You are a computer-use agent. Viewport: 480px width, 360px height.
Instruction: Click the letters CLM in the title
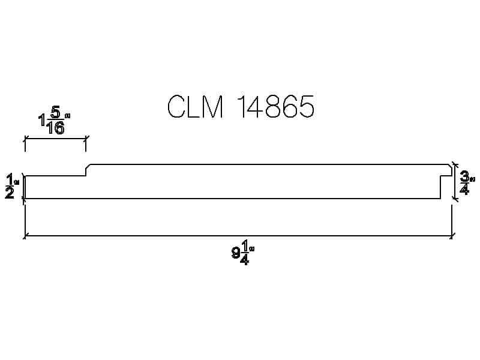coord(195,106)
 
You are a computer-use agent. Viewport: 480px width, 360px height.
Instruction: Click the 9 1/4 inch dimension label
coord(243,252)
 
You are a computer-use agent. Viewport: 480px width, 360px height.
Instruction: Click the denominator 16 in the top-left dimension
coord(55,128)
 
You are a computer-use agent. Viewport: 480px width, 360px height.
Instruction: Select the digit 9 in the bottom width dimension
coord(236,253)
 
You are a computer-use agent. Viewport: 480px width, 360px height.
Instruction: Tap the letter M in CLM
coord(212,106)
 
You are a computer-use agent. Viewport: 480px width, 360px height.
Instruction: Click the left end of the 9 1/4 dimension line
coord(25,236)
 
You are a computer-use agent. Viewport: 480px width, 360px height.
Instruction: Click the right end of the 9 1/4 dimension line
coord(452,236)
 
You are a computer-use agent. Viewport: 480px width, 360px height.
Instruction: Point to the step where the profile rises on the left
coord(86,170)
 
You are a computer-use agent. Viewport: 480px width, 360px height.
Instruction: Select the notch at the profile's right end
coord(446,187)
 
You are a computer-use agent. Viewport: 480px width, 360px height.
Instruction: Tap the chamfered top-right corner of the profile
coord(451,166)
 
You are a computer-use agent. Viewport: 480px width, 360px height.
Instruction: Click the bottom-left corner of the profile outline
coord(25,199)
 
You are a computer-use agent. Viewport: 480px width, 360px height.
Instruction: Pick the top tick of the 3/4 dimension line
coord(455,164)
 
